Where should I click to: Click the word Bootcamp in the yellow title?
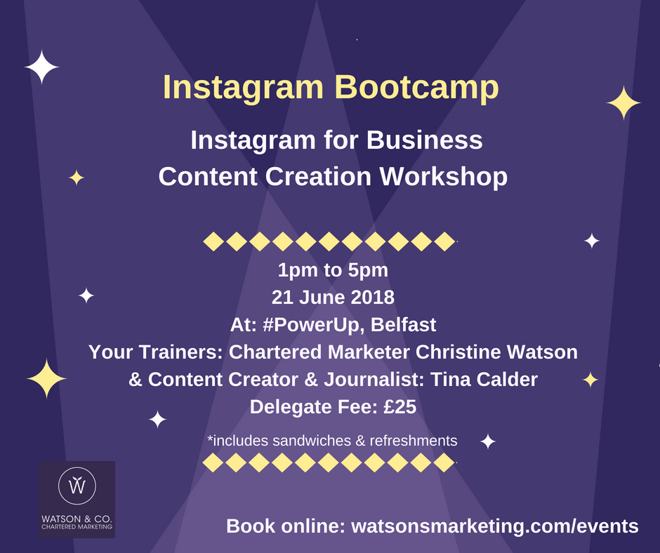[416, 88]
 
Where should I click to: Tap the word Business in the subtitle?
[424, 140]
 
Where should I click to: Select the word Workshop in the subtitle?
[443, 177]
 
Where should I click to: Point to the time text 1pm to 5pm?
[333, 270]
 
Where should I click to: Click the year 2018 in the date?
[373, 297]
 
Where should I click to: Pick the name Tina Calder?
[484, 379]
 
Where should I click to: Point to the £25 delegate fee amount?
[400, 406]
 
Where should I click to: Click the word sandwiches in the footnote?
[312, 441]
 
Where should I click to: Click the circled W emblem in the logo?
[77, 486]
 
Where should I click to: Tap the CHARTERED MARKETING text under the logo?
[77, 527]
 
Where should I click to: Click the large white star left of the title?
[41, 67]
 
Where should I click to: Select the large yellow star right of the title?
[623, 102]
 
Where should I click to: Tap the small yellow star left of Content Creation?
[77, 178]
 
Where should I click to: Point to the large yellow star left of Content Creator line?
[46, 378]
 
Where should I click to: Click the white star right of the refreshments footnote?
[488, 441]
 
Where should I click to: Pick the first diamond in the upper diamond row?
[213, 241]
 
